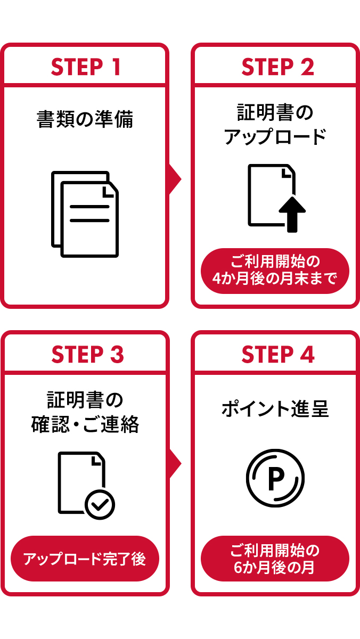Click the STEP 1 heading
(x=85, y=68)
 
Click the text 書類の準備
(x=85, y=119)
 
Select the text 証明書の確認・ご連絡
(x=85, y=412)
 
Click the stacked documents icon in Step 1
(x=85, y=214)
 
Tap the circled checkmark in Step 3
(x=100, y=503)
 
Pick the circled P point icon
(x=275, y=478)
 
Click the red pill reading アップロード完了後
(x=85, y=559)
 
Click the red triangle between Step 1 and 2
(x=175, y=179)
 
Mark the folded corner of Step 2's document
(x=288, y=172)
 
